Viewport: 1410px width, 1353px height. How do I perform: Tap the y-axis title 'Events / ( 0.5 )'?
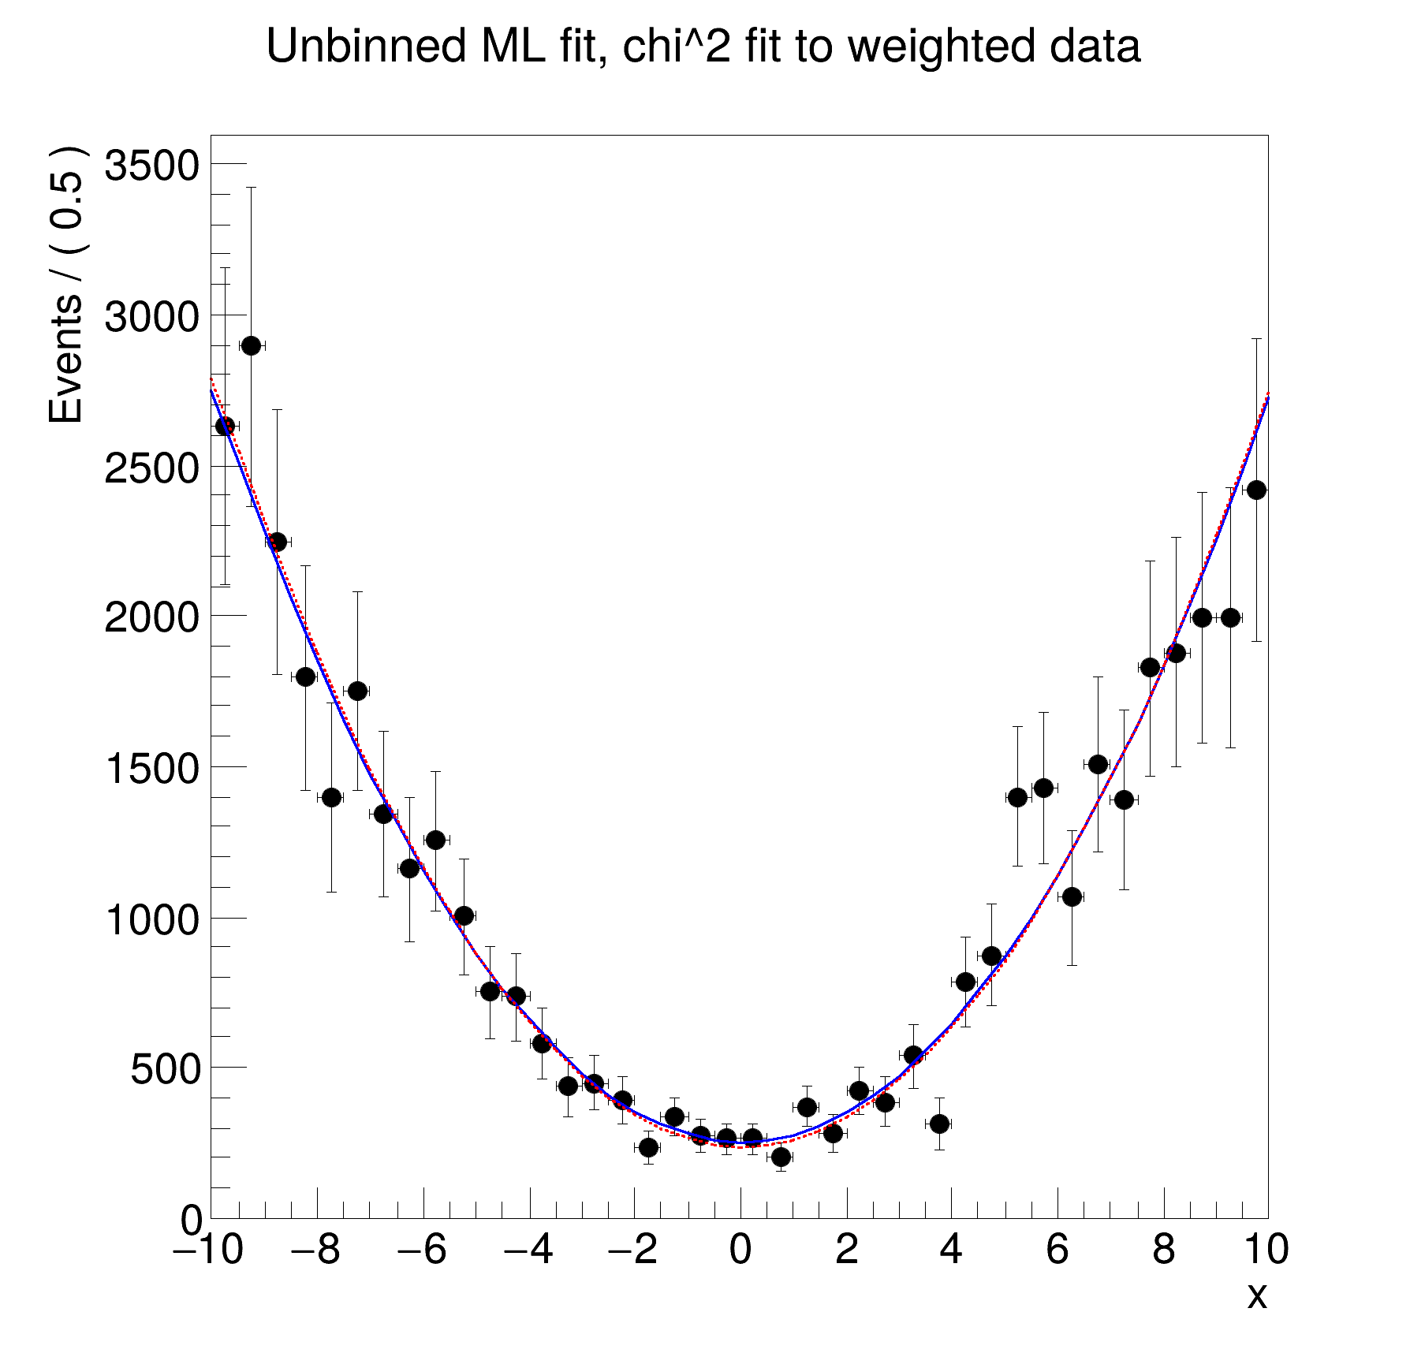click(66, 285)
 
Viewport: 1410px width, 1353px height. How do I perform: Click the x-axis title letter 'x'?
click(1256, 1295)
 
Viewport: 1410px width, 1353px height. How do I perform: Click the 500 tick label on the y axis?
click(165, 1069)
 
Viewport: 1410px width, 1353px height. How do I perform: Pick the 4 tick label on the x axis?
click(952, 1250)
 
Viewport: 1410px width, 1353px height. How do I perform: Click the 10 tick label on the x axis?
click(1265, 1250)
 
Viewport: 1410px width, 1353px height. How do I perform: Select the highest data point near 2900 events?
click(252, 345)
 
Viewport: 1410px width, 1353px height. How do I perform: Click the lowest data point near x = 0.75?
click(781, 1157)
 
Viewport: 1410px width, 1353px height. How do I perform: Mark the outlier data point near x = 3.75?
click(939, 1124)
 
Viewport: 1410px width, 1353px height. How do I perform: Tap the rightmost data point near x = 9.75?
click(1256, 490)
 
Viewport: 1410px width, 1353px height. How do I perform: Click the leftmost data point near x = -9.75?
click(225, 426)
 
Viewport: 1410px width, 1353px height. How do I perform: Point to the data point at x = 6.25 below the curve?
click(1072, 896)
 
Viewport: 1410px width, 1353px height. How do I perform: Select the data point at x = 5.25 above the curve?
click(1018, 797)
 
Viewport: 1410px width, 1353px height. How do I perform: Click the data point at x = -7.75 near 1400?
click(331, 797)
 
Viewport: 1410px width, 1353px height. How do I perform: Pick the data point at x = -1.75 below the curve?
click(648, 1147)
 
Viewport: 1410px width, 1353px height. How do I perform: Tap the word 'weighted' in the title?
click(939, 46)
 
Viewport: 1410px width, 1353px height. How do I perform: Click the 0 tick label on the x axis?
click(740, 1250)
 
